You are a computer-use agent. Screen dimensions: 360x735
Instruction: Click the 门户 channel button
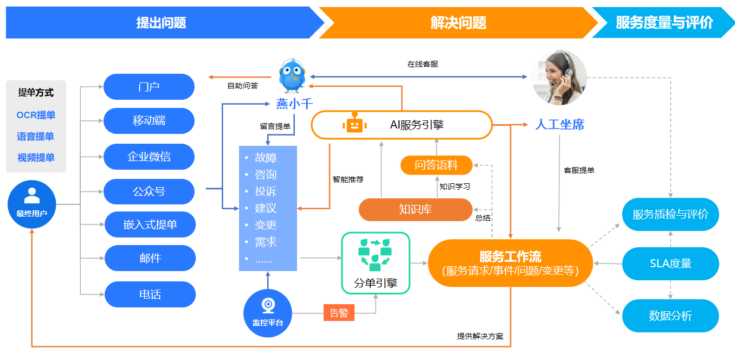(149, 87)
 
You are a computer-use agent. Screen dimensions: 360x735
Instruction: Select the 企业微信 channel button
(149, 157)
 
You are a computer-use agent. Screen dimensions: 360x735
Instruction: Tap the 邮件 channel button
(150, 258)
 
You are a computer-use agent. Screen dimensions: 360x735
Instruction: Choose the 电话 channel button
(150, 294)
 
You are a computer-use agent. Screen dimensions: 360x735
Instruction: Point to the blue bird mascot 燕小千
(293, 76)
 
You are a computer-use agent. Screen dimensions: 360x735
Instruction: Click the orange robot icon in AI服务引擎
(354, 124)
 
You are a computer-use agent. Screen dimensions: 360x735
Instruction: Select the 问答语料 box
(436, 165)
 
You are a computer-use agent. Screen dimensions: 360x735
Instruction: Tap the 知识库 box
(416, 209)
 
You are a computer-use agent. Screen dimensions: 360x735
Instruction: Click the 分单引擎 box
(375, 263)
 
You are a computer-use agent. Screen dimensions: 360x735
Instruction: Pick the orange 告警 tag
(339, 313)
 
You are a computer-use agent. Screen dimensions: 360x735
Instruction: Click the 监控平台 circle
(268, 313)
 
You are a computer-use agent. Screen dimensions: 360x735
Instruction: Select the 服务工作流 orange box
(510, 263)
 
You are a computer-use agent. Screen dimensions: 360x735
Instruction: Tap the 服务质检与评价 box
(670, 214)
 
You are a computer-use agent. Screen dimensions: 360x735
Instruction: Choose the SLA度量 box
(670, 264)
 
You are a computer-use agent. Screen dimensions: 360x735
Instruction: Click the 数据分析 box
(670, 316)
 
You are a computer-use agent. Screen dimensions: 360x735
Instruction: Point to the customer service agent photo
(559, 78)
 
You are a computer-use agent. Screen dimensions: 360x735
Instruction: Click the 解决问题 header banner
(458, 23)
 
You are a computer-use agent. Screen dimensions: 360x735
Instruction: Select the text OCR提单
(36, 115)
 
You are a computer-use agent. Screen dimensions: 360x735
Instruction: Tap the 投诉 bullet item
(266, 191)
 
